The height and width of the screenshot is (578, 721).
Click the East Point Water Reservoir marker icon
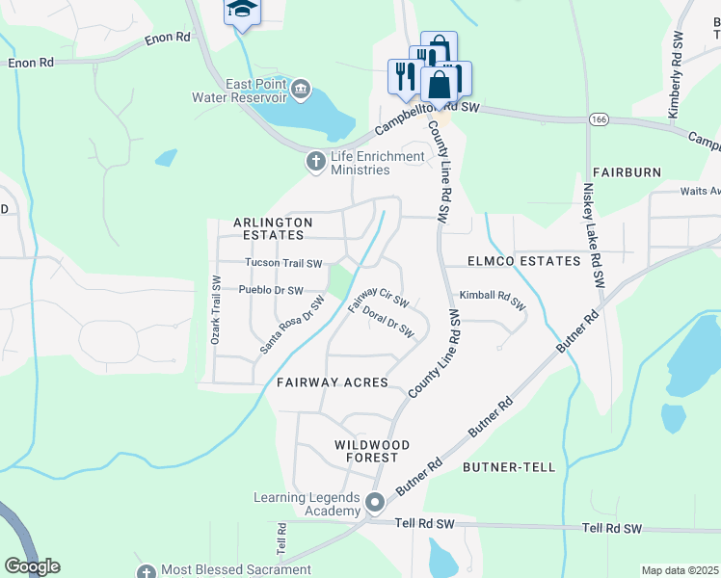click(301, 91)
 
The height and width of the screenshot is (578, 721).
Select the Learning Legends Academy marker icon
click(375, 503)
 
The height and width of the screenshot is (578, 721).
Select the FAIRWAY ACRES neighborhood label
click(332, 382)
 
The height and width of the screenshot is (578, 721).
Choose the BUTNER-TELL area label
click(509, 467)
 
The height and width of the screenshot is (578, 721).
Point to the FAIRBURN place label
click(627, 172)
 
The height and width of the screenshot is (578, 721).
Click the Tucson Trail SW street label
click(282, 262)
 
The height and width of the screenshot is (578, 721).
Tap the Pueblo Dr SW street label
click(271, 290)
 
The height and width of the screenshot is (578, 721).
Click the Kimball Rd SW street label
click(492, 300)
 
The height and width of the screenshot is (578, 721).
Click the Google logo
click(32, 566)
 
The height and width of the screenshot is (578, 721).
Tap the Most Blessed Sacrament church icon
click(147, 571)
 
